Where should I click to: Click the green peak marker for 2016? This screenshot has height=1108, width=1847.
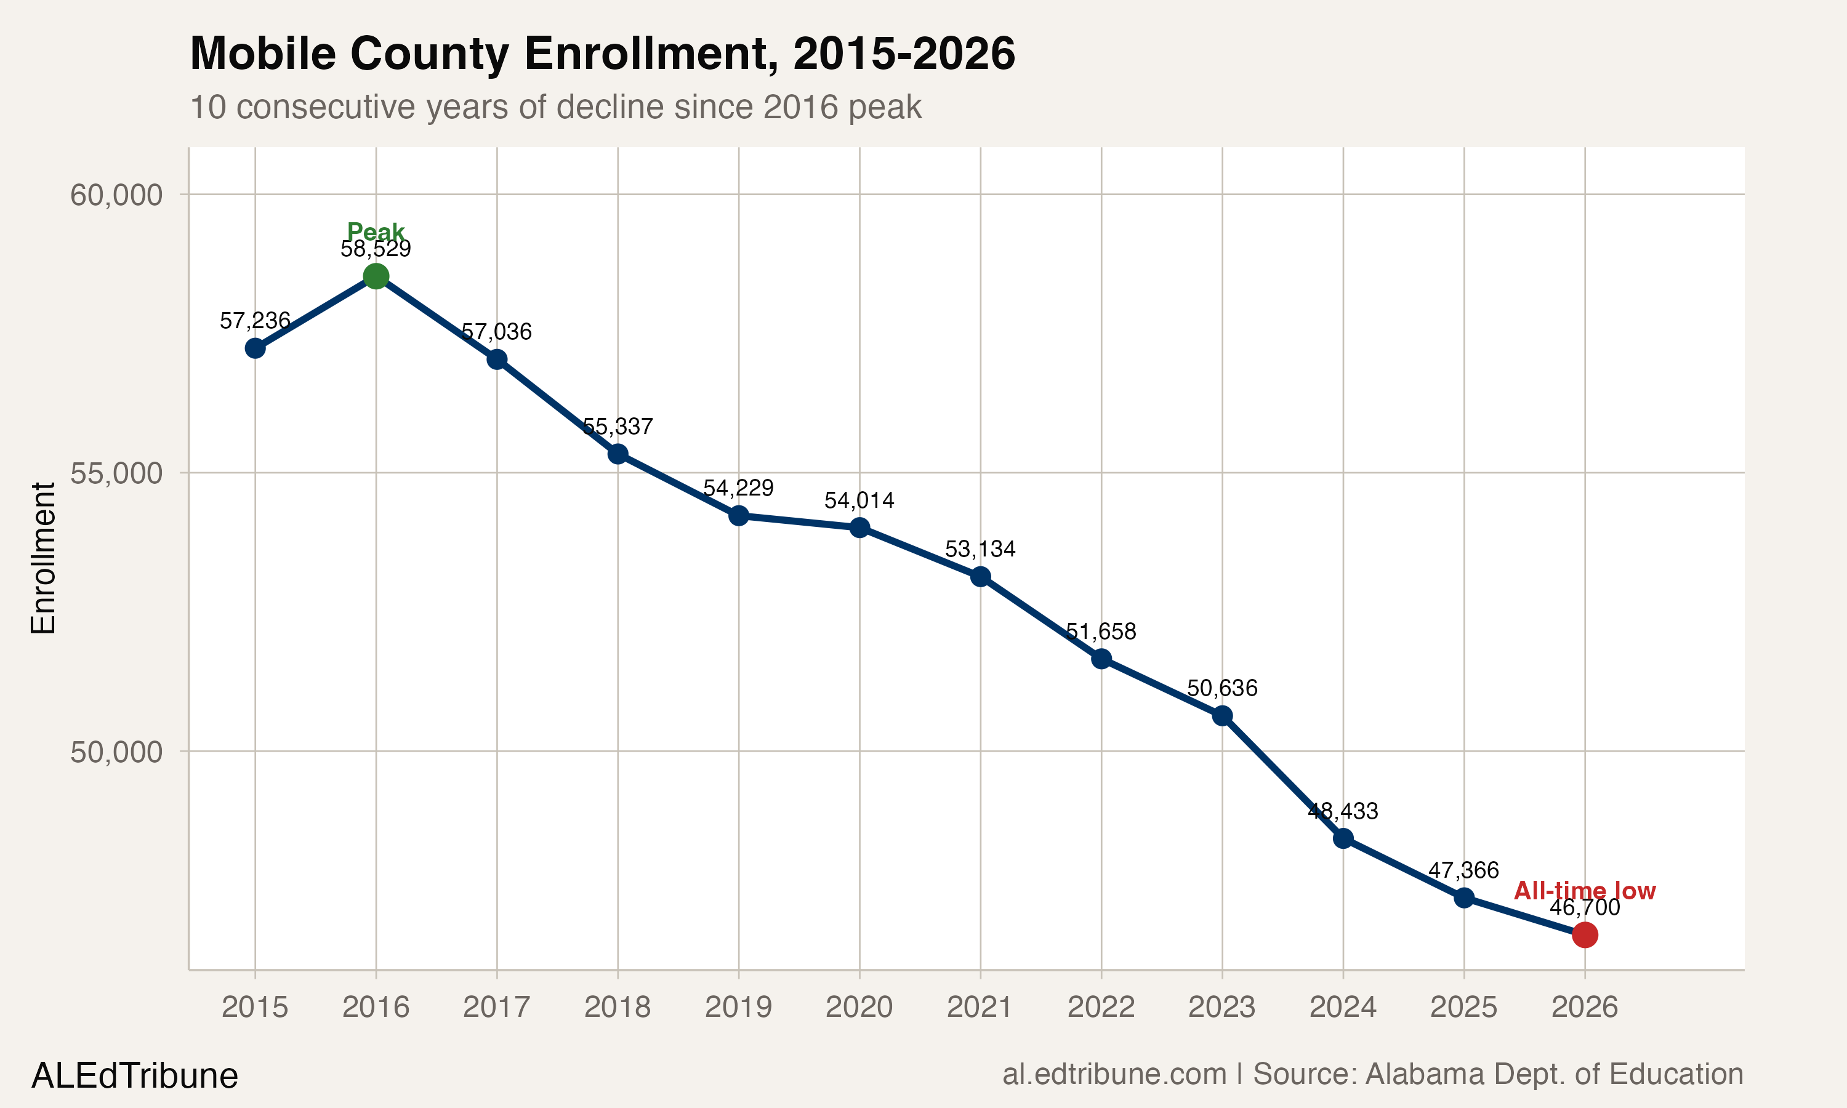[x=376, y=276]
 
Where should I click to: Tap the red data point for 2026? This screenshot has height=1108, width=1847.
[x=1584, y=934]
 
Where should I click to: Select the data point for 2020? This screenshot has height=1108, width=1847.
[x=859, y=527]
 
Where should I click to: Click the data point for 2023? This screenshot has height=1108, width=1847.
[x=1222, y=716]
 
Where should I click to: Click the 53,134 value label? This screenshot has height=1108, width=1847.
[x=980, y=550]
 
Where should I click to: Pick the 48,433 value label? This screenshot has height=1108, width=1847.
[x=1342, y=811]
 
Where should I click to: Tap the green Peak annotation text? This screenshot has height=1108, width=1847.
[x=376, y=231]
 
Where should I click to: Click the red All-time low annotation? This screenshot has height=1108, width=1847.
[x=1584, y=891]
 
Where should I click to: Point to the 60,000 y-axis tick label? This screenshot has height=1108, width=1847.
[x=116, y=195]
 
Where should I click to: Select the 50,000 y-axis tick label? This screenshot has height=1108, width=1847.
[x=116, y=752]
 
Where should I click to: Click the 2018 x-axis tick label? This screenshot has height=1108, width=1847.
[x=618, y=1007]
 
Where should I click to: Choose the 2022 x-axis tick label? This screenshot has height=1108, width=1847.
[x=1101, y=1007]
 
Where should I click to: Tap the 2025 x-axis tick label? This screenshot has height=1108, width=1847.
[x=1463, y=1007]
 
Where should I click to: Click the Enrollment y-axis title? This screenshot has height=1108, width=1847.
[x=43, y=558]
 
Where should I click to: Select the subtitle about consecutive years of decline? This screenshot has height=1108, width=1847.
[x=555, y=106]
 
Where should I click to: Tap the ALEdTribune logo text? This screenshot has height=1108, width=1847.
[x=134, y=1076]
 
